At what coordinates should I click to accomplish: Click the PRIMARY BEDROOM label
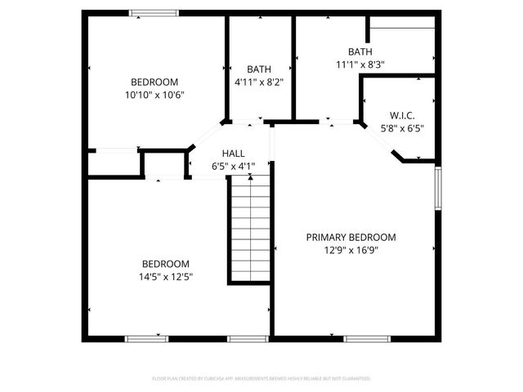pyautogui.click(x=351, y=238)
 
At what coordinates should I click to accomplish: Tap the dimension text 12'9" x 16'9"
pyautogui.click(x=351, y=251)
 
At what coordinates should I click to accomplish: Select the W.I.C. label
pyautogui.click(x=402, y=115)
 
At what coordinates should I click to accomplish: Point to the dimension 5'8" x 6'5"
pyautogui.click(x=402, y=128)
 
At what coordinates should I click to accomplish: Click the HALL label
pyautogui.click(x=234, y=153)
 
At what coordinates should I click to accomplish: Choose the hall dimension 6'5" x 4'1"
pyautogui.click(x=234, y=166)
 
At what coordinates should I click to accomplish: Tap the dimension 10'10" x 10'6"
pyautogui.click(x=154, y=95)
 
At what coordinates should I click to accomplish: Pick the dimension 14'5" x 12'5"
pyautogui.click(x=166, y=277)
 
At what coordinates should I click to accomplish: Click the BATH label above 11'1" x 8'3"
pyautogui.click(x=360, y=51)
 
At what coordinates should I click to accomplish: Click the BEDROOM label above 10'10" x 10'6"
pyautogui.click(x=154, y=82)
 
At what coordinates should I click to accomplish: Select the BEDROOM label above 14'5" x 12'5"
pyautogui.click(x=166, y=264)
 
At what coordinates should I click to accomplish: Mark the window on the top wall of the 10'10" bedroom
pyautogui.click(x=154, y=13)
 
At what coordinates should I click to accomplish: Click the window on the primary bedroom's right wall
pyautogui.click(x=438, y=189)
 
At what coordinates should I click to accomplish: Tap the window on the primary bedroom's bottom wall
pyautogui.click(x=367, y=338)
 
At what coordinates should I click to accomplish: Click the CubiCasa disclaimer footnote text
pyautogui.click(x=261, y=379)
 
